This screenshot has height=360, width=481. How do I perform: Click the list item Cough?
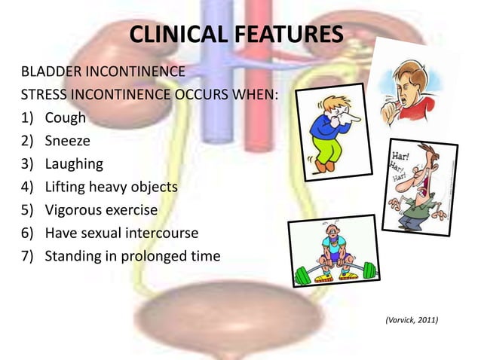pos(66,118)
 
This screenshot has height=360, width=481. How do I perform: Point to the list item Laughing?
pos(74,163)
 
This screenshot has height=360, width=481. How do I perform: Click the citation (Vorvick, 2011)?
pos(411,321)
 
